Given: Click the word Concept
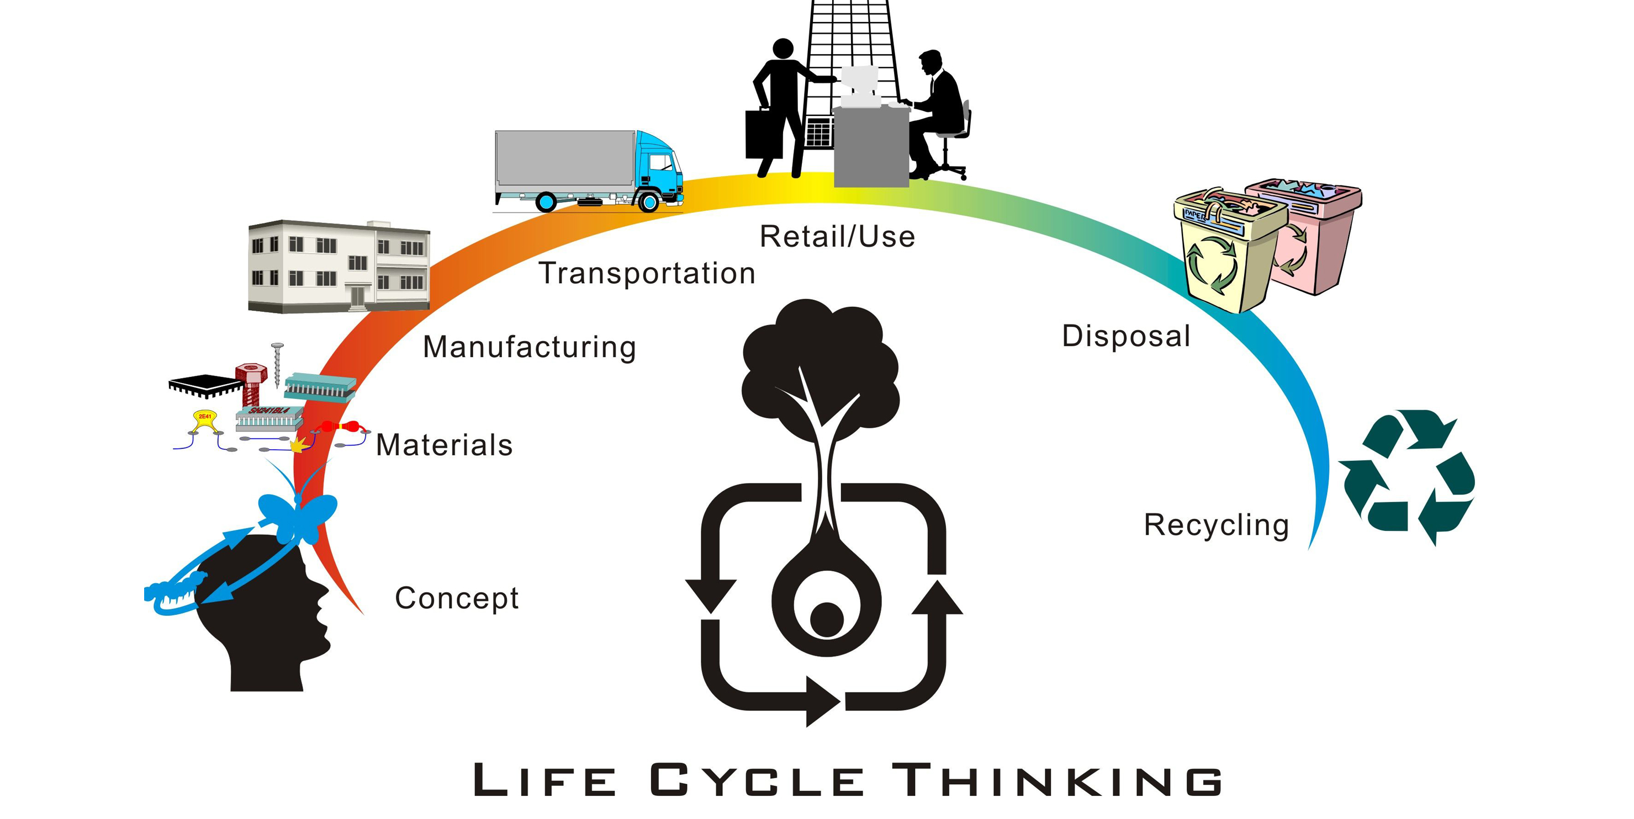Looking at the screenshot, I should click(457, 598).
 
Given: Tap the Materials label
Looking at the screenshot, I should click(444, 445).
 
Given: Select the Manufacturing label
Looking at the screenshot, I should click(529, 347).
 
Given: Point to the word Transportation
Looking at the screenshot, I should click(647, 273).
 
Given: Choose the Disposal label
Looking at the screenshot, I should click(1126, 336).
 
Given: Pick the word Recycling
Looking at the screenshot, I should click(1216, 525).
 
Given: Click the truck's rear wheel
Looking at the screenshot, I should click(546, 201).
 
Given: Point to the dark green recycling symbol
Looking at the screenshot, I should click(1406, 477).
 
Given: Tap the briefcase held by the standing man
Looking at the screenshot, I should click(763, 135).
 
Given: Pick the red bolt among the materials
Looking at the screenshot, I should click(251, 382).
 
